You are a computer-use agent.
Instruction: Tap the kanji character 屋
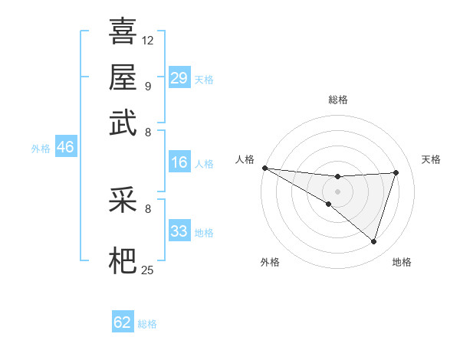click(123, 77)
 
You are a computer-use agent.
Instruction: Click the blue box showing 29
click(179, 77)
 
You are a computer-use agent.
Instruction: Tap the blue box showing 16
click(179, 162)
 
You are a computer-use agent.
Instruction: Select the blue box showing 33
click(179, 231)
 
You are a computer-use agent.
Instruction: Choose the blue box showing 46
click(65, 148)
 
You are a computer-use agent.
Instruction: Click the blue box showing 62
click(123, 322)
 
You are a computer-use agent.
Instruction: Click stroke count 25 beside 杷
click(148, 270)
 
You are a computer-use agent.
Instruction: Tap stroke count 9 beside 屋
click(148, 86)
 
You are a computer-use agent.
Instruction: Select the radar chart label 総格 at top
click(337, 100)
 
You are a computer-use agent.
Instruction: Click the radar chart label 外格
click(270, 263)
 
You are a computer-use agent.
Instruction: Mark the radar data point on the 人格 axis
click(264, 168)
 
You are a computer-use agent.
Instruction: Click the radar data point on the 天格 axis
click(396, 172)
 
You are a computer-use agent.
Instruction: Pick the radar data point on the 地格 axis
click(374, 242)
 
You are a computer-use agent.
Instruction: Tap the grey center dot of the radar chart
click(337, 191)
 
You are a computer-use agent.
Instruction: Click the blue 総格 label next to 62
click(147, 324)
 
